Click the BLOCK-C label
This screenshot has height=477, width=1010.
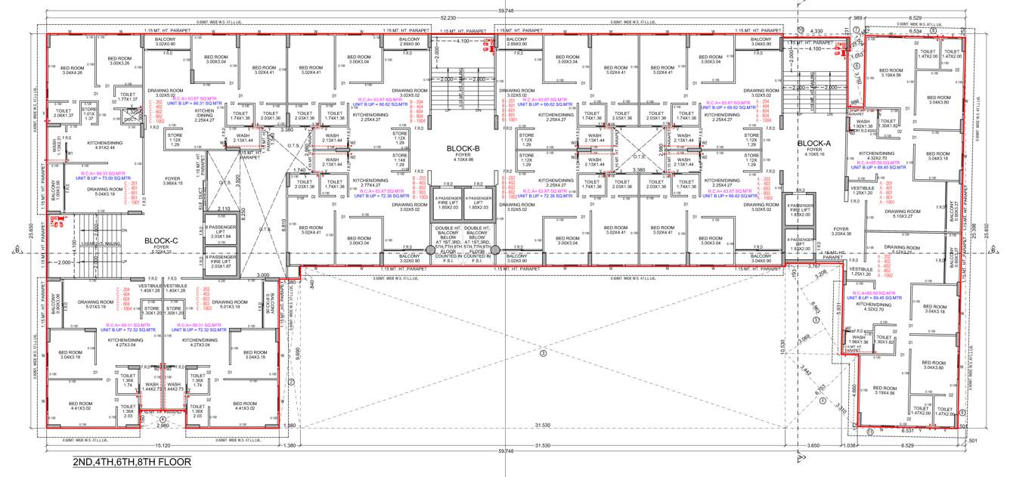(161, 241)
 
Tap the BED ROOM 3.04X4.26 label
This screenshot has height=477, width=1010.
(72, 70)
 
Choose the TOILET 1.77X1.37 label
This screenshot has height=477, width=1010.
(126, 97)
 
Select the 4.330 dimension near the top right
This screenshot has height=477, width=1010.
(816, 31)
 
